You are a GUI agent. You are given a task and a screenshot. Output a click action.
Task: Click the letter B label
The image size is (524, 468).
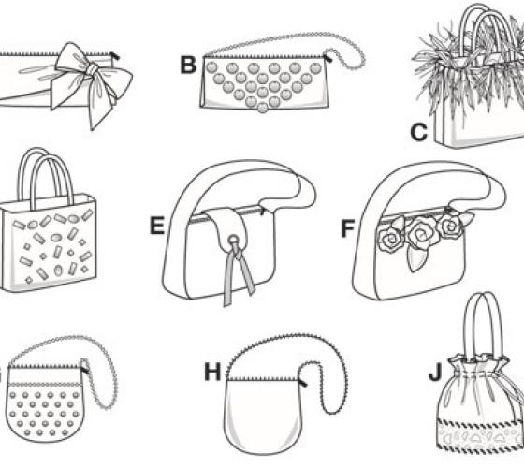click(188, 66)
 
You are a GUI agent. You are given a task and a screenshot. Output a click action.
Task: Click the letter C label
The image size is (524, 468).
click(419, 132)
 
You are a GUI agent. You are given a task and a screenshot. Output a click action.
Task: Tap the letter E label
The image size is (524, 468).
click(157, 226)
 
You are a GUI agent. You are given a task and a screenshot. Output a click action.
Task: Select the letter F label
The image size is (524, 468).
click(347, 228)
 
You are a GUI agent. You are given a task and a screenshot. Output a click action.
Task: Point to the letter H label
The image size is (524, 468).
click(213, 372)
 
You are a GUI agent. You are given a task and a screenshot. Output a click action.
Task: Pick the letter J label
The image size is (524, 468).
click(435, 373)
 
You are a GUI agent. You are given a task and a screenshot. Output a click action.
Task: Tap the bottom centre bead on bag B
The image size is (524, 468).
click(262, 108)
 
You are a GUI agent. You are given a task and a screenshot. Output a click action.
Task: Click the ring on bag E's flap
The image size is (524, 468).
click(232, 240)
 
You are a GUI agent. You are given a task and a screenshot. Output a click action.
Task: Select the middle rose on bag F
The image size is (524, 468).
click(420, 235)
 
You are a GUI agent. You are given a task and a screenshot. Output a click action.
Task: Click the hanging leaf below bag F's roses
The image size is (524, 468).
click(414, 260)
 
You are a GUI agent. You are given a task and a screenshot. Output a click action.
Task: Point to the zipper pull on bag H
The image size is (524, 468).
click(302, 382)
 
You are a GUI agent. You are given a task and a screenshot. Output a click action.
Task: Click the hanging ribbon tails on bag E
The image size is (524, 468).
click(238, 276)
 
